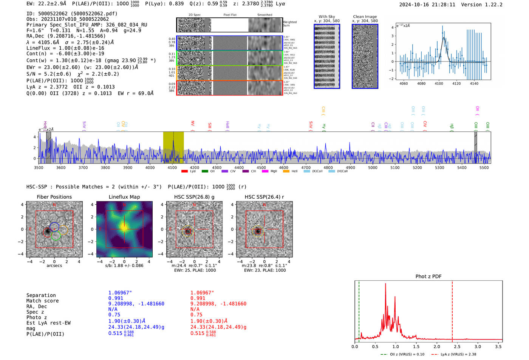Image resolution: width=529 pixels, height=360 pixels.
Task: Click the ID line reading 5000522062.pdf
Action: (72, 14)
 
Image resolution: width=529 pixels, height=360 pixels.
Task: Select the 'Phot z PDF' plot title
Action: (428, 277)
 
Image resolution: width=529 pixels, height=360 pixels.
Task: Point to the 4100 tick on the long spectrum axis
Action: (172, 168)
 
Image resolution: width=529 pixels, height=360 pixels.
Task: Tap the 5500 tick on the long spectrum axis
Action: (484, 168)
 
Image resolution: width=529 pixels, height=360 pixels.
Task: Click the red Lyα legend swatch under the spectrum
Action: (184, 172)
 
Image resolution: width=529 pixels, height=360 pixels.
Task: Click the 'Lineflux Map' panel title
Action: (124, 197)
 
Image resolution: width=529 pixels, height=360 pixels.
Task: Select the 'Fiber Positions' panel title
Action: (54, 197)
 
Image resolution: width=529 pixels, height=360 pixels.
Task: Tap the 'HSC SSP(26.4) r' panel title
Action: (264, 197)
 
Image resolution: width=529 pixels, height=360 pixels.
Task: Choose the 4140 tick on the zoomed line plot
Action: (474, 83)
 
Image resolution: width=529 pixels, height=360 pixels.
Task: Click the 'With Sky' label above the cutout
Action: (326, 17)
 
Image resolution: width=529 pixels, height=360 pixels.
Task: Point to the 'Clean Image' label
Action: (365, 17)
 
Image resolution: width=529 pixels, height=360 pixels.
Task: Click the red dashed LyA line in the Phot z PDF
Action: (452, 310)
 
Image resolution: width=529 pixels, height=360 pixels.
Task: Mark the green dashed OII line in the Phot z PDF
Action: (359, 310)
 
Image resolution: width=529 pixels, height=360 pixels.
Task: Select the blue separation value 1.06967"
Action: (120, 293)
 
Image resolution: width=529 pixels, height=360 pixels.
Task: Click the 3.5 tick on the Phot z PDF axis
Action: (498, 346)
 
